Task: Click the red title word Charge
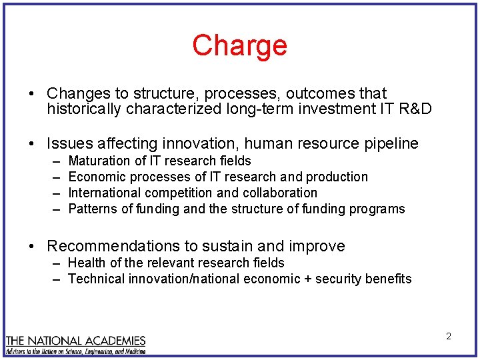tap(239, 46)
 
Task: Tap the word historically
tap(81, 109)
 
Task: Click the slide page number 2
tap(449, 337)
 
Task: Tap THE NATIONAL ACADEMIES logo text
tap(75, 339)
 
